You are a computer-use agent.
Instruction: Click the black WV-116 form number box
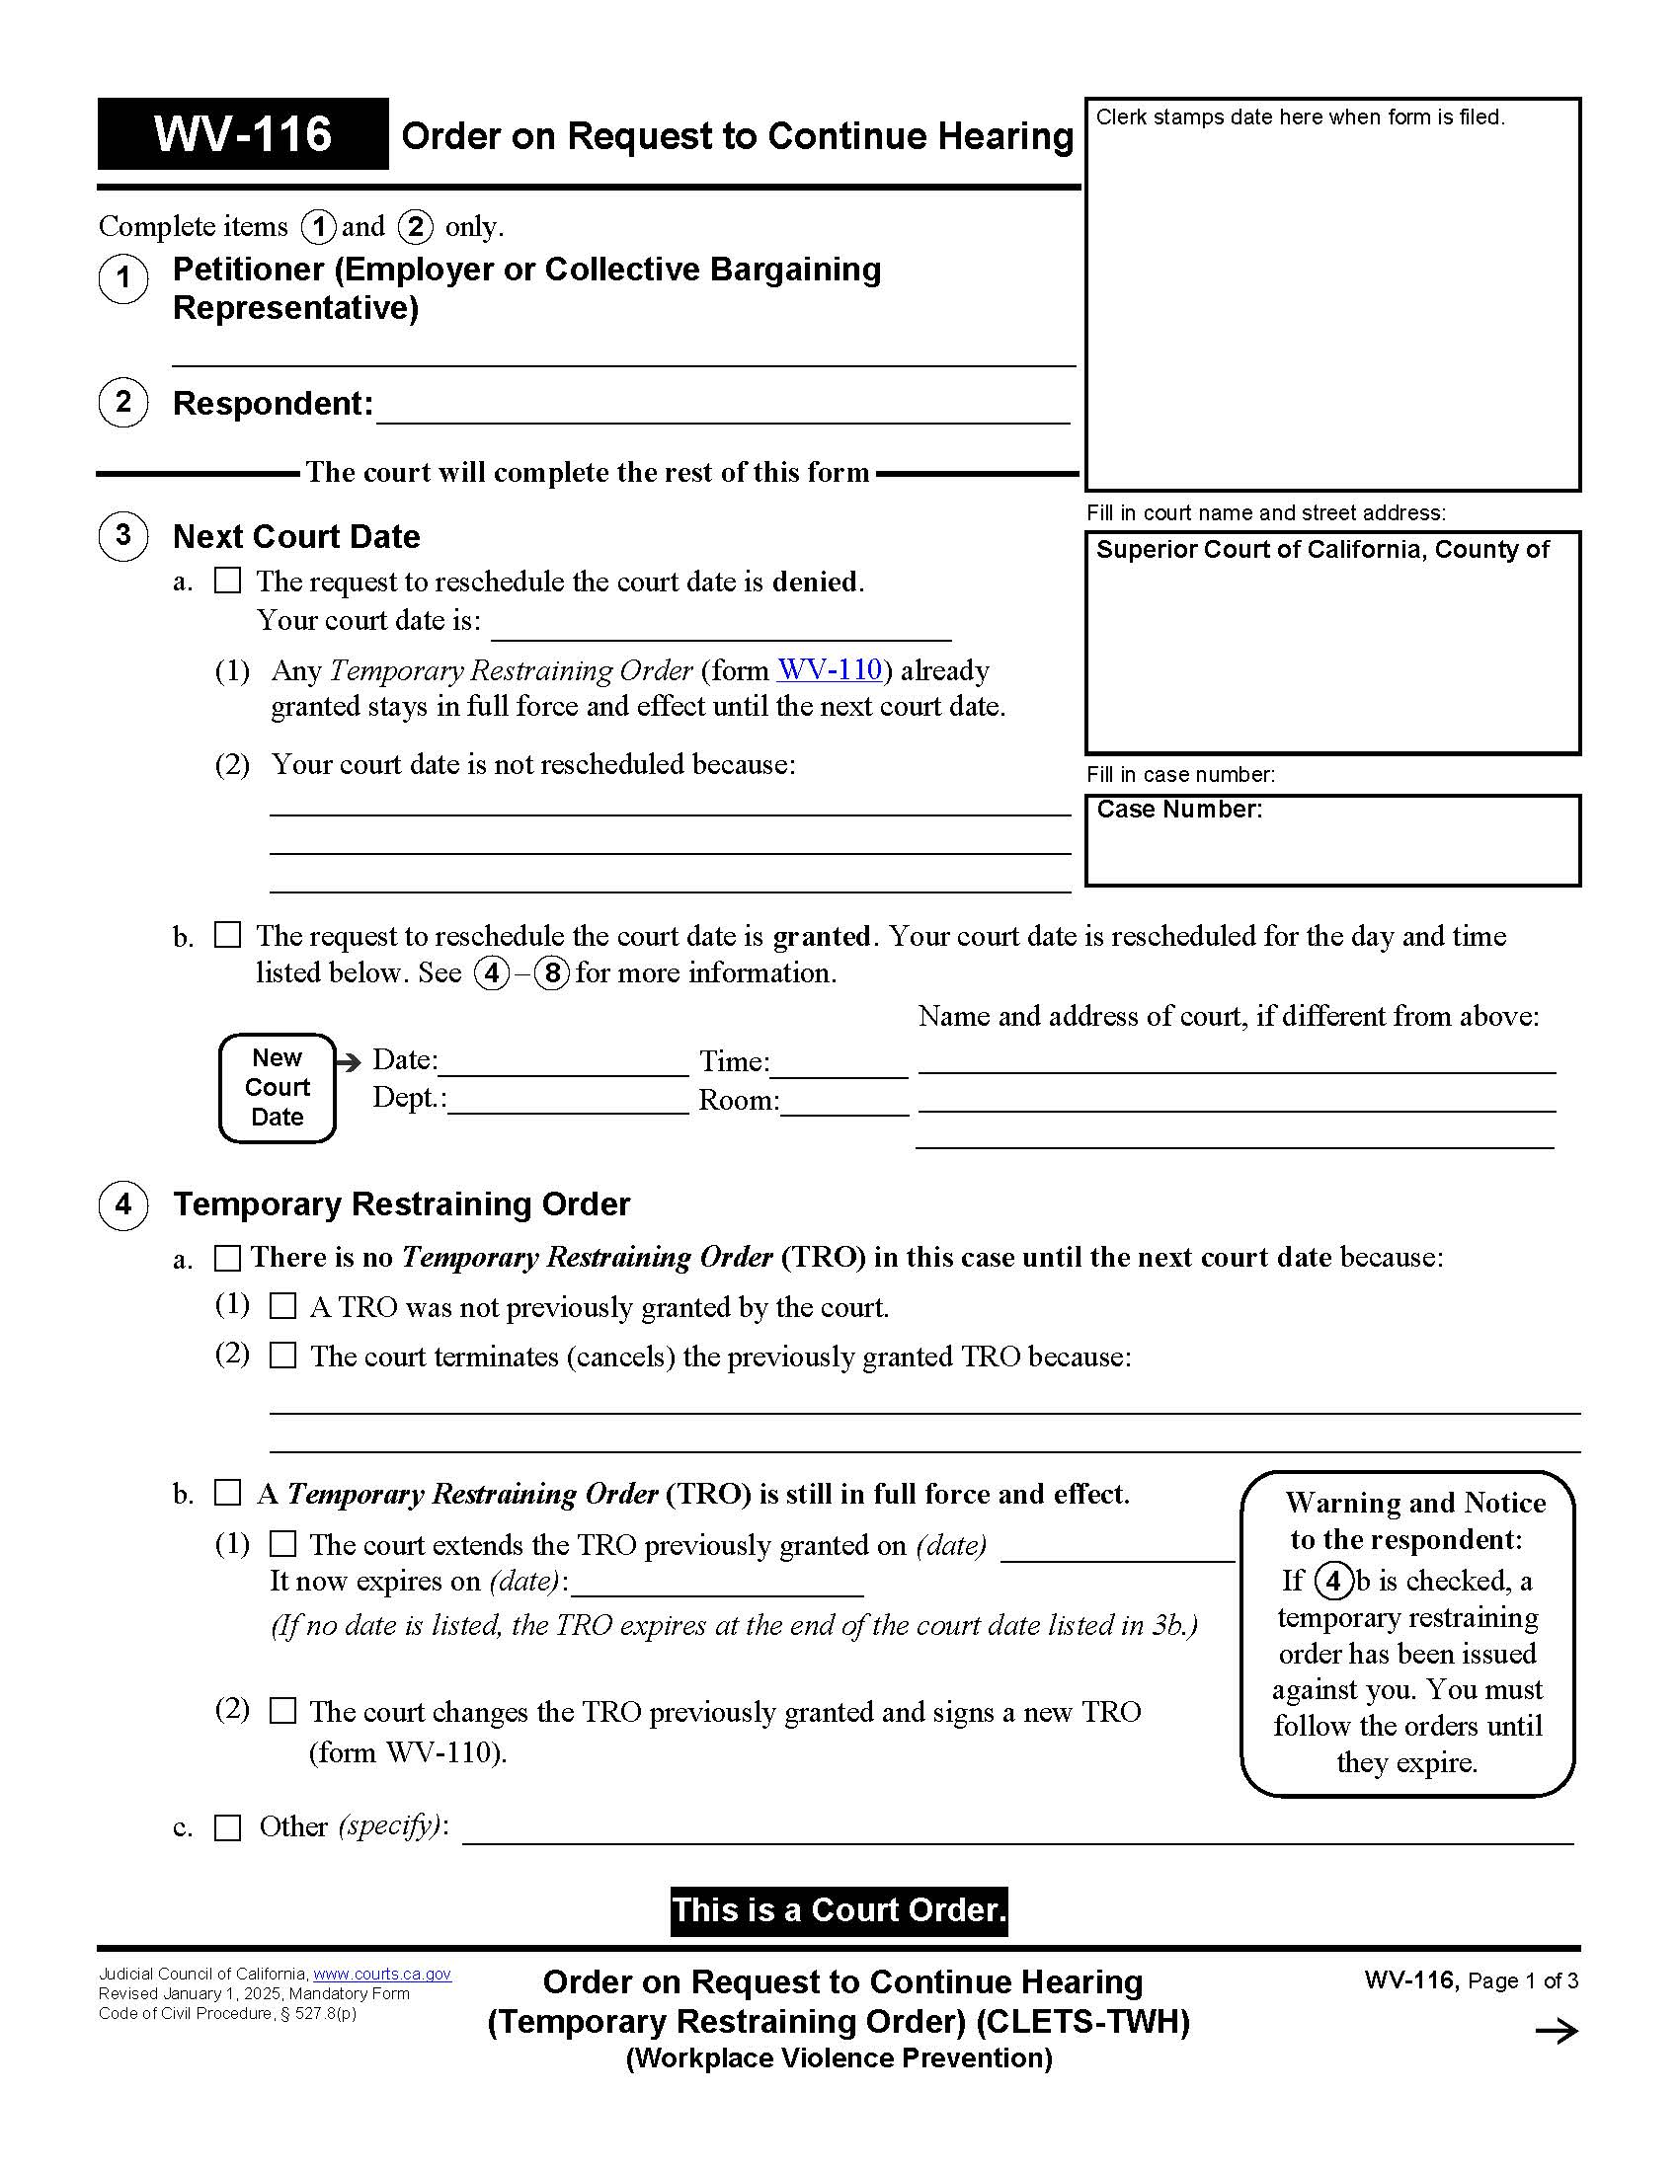coord(243,134)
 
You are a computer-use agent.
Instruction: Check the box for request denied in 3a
coord(228,580)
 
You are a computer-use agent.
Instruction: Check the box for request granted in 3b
coord(228,935)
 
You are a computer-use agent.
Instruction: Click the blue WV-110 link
coord(830,669)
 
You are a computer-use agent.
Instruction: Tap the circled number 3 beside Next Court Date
coord(123,536)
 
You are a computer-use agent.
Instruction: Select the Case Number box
coord(1332,840)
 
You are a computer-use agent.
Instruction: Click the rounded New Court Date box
coord(278,1087)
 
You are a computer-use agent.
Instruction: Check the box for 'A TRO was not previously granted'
coord(283,1306)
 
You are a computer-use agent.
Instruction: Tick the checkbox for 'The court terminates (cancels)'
coord(283,1356)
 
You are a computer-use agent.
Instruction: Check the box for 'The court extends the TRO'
coord(283,1543)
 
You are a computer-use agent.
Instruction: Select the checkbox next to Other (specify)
coord(228,1827)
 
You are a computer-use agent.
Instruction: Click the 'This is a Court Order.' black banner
coord(839,1910)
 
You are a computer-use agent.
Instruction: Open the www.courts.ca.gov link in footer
coord(382,1975)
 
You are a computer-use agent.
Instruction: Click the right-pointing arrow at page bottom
coord(1557,2031)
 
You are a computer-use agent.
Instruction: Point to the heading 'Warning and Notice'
coord(1414,1503)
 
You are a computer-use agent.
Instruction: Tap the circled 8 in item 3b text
coord(552,972)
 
